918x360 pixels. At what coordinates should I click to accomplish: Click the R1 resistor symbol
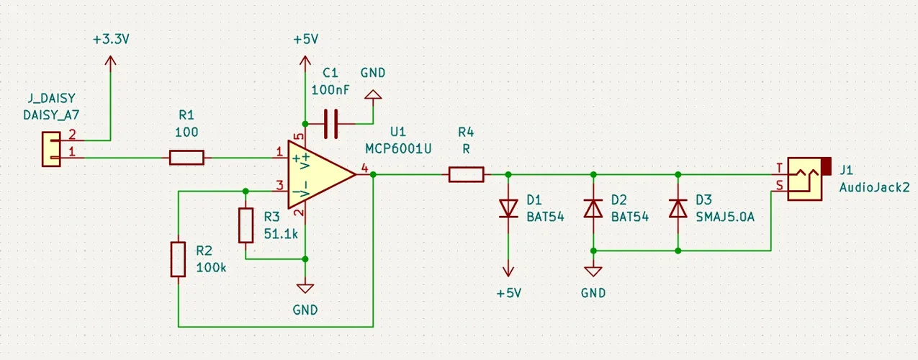click(x=186, y=158)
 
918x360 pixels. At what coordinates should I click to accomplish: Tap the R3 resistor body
click(x=246, y=225)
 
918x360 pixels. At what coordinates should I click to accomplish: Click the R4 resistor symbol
click(x=466, y=174)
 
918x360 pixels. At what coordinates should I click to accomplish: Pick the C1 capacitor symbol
click(x=330, y=124)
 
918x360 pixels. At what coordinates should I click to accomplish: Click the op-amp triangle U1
click(x=319, y=174)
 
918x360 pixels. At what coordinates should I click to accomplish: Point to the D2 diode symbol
click(x=593, y=208)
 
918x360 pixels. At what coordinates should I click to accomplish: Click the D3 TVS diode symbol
click(x=678, y=208)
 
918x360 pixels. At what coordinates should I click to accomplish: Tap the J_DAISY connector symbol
click(x=50, y=149)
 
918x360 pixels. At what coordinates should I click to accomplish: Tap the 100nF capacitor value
click(x=330, y=90)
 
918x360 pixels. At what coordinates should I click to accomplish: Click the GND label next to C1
click(x=372, y=73)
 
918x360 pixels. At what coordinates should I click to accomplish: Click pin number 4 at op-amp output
click(x=364, y=168)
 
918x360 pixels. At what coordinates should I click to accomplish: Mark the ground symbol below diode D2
click(x=593, y=271)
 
